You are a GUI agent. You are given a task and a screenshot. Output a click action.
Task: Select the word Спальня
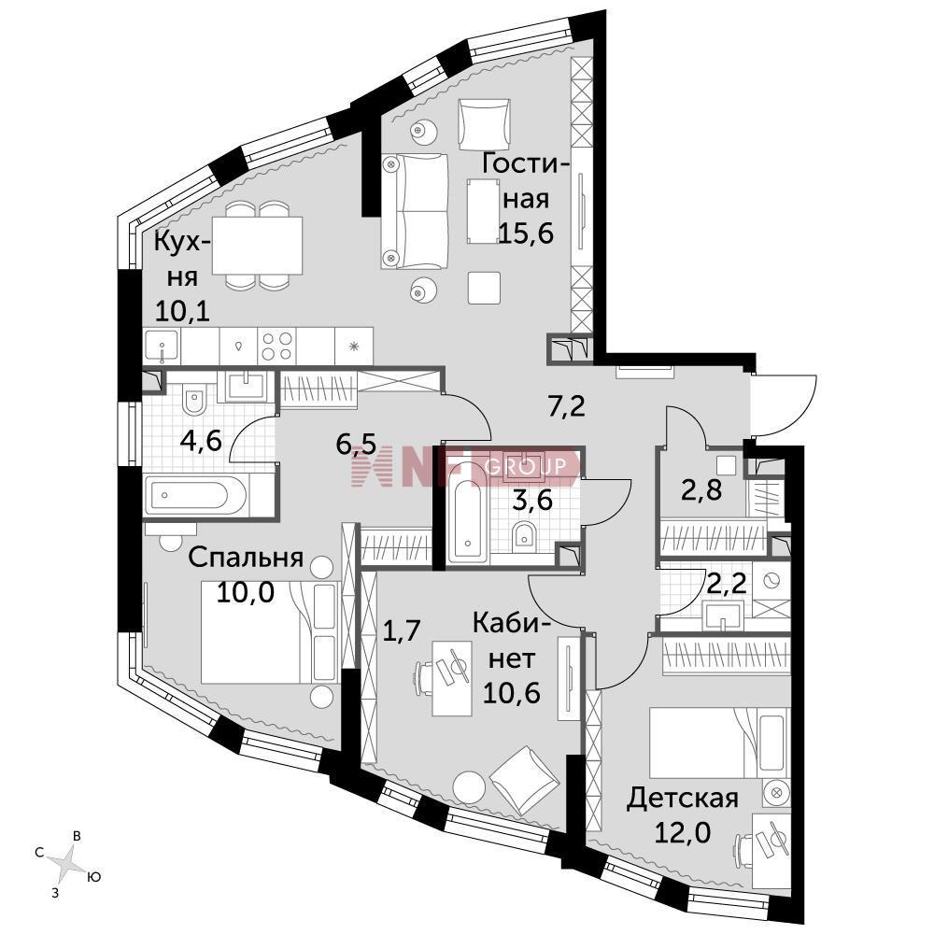[246, 558]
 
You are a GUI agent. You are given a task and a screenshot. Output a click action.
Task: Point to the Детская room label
[682, 799]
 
